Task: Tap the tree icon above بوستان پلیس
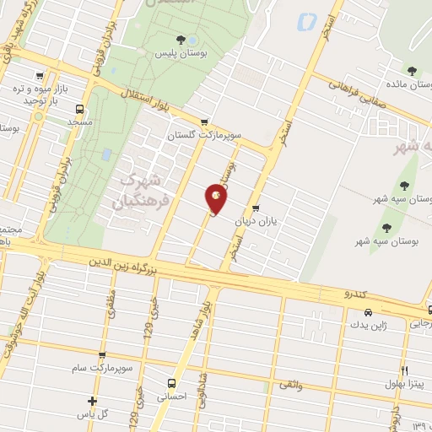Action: [179, 39]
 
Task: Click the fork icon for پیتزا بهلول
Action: [404, 370]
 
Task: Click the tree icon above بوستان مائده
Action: [411, 71]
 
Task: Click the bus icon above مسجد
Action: [79, 108]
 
